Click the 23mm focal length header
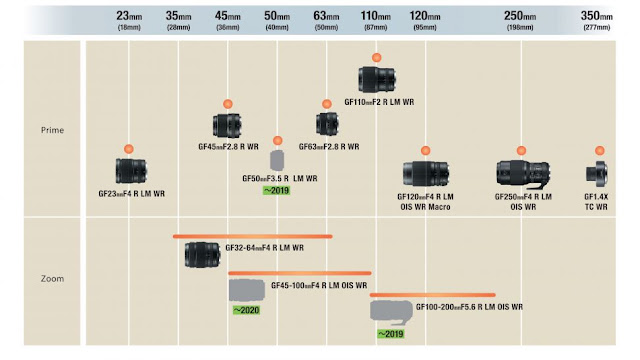pyautogui.click(x=129, y=16)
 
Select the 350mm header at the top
pyautogui.click(x=596, y=16)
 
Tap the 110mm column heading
pyautogui.click(x=376, y=16)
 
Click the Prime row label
pyautogui.click(x=52, y=130)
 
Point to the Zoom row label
pyautogui.click(x=52, y=279)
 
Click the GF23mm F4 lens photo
pyautogui.click(x=131, y=171)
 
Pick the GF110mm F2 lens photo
pyautogui.click(x=377, y=79)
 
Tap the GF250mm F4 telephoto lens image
pyautogui.click(x=523, y=174)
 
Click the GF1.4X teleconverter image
pyautogui.click(x=597, y=173)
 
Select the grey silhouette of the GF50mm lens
pyautogui.click(x=277, y=160)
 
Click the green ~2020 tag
pyautogui.click(x=246, y=310)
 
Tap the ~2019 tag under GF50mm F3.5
pyautogui.click(x=276, y=190)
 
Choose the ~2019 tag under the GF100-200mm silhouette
pyautogui.click(x=391, y=334)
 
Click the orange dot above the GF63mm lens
pyautogui.click(x=327, y=104)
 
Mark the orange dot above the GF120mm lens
pyautogui.click(x=425, y=151)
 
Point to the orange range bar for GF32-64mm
pyautogui.click(x=253, y=236)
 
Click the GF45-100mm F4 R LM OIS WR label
pyautogui.click(x=319, y=285)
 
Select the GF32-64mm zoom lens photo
pyautogui.click(x=202, y=255)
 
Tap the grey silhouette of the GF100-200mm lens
pyautogui.click(x=391, y=312)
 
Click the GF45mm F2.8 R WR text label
pyautogui.click(x=229, y=147)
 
